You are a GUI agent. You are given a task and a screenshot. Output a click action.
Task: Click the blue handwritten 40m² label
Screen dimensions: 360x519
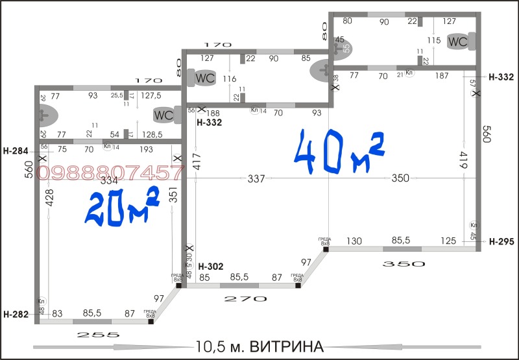[339, 153]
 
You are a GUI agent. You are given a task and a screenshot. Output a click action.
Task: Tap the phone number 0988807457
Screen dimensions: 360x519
[110, 173]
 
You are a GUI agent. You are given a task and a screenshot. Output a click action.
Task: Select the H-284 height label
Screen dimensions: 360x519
[16, 151]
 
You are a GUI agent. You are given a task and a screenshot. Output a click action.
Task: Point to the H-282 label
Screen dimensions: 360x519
[16, 315]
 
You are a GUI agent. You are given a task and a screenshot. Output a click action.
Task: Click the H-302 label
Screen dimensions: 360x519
[211, 267]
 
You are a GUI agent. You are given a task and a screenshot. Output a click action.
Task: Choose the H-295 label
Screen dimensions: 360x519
[501, 241]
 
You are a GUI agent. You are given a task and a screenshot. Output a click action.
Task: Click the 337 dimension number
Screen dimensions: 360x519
[257, 178]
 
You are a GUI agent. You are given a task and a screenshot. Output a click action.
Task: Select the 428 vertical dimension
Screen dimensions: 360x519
[49, 198]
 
